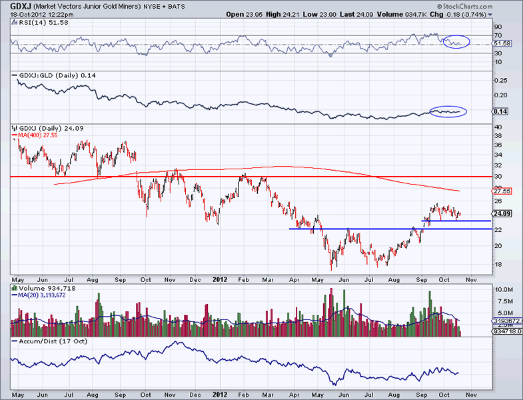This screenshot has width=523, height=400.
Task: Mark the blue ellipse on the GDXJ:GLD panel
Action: pos(448,111)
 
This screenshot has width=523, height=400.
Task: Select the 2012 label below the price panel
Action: pos(221,281)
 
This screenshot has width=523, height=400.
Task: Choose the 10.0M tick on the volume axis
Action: pos(502,291)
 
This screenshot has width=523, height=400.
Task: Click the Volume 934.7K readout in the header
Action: pos(408,14)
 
